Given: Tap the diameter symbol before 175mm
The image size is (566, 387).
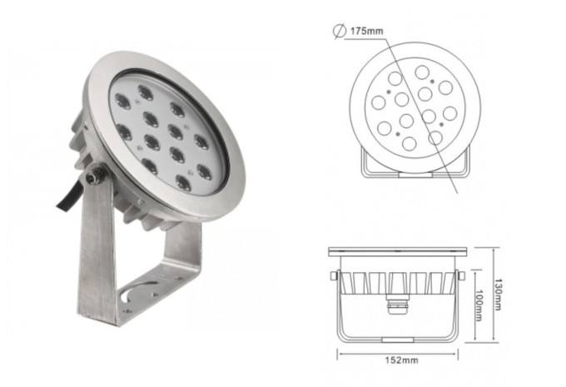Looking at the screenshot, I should (x=340, y=32).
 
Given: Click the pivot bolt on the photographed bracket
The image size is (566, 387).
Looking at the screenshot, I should (x=95, y=176).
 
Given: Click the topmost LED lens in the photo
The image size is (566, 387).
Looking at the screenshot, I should (x=146, y=92).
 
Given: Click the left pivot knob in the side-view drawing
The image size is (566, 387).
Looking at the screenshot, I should (x=334, y=275).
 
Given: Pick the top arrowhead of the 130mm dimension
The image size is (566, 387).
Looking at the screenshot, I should (x=494, y=249).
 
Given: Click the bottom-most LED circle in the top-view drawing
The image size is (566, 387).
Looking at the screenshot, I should (x=409, y=144).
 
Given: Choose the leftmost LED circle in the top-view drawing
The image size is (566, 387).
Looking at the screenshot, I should (x=379, y=103).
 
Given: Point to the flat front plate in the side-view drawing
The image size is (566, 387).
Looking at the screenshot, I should (x=399, y=250).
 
